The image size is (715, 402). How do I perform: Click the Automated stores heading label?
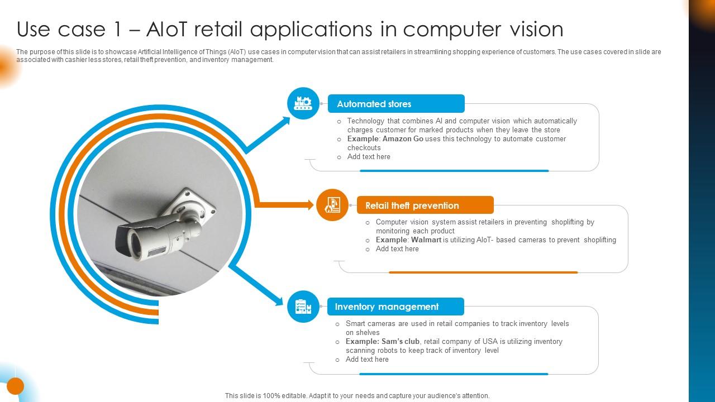tap(374, 104)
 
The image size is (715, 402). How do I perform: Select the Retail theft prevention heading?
tap(412, 205)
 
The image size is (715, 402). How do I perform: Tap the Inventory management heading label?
tap(387, 307)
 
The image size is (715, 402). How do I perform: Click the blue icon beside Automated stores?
tap(303, 103)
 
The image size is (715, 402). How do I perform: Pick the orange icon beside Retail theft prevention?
tap(332, 205)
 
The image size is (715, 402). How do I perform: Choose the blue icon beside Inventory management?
tap(303, 307)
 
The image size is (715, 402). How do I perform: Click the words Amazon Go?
tap(403, 139)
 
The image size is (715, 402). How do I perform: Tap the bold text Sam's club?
tap(401, 342)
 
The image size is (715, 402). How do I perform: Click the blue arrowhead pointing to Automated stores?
tap(285, 121)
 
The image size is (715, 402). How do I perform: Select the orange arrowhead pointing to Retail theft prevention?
tap(309, 205)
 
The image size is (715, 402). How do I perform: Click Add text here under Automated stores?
tap(369, 157)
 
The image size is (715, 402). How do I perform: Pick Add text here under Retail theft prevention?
tap(397, 249)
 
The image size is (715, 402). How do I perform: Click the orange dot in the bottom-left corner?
tap(15, 386)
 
